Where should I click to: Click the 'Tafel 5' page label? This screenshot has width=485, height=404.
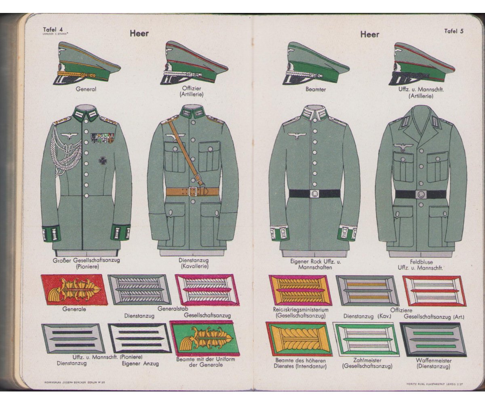click(453, 31)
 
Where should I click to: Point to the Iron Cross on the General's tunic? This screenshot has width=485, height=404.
click(103, 160)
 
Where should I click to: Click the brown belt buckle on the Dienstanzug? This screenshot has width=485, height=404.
click(193, 191)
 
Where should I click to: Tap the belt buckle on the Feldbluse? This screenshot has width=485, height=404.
click(421, 194)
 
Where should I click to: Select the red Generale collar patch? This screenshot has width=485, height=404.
click(74, 290)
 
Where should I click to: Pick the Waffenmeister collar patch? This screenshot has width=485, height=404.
click(433, 339)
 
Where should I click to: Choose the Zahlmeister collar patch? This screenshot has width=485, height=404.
click(367, 339)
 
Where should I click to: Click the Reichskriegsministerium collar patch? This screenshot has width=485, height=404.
click(300, 290)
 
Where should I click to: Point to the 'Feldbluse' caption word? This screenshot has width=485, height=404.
click(421, 262)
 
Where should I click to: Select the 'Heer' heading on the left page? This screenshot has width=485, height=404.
click(139, 34)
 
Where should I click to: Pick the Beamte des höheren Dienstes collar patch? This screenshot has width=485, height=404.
click(298, 339)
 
